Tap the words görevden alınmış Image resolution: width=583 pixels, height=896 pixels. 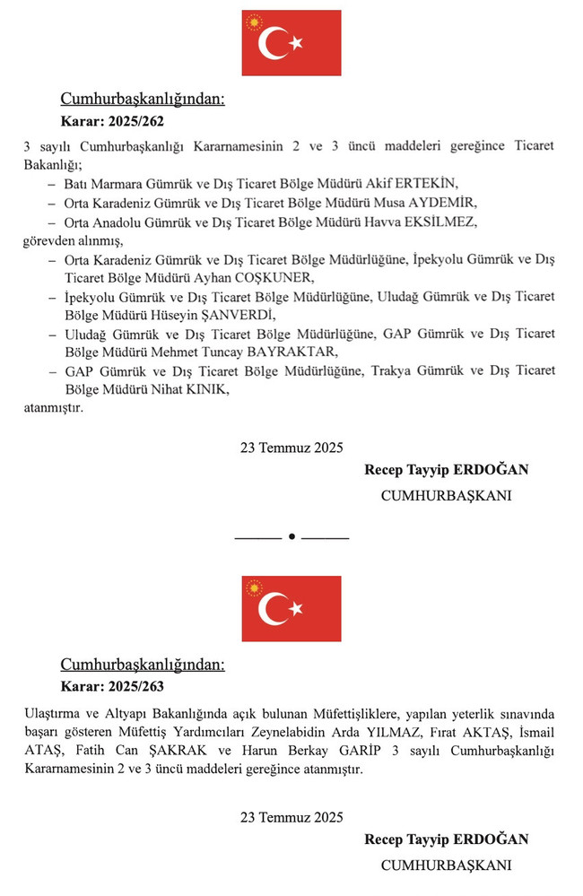tap(72, 240)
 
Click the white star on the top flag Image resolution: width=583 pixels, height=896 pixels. tap(294, 42)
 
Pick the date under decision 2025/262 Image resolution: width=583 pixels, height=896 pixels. tap(291, 448)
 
